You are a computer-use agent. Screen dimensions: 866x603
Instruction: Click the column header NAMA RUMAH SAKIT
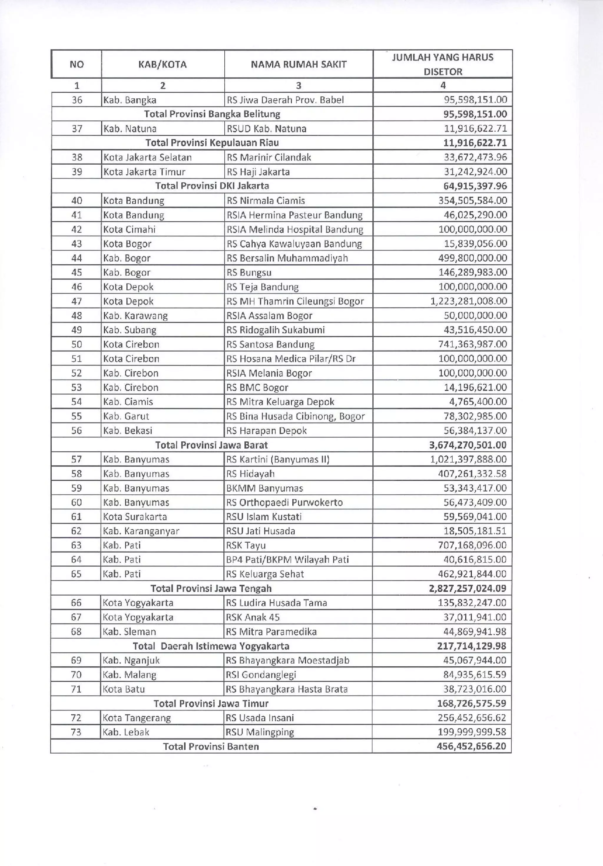298,64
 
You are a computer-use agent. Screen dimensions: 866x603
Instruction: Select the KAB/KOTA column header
163,64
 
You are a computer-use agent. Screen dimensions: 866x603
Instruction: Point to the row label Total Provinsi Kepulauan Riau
212,143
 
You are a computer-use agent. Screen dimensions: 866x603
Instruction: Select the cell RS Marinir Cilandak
269,157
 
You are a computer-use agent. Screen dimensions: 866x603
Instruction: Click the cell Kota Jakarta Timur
145,172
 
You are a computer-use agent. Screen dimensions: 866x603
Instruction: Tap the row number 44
77,258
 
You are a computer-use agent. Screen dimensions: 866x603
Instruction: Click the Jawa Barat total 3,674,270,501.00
468,445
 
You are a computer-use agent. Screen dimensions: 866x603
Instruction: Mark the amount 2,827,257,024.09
468,588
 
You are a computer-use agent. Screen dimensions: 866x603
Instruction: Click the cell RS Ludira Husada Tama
276,603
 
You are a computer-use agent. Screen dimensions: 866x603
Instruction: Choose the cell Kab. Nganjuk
131,660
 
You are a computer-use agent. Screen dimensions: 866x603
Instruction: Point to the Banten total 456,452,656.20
471,746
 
